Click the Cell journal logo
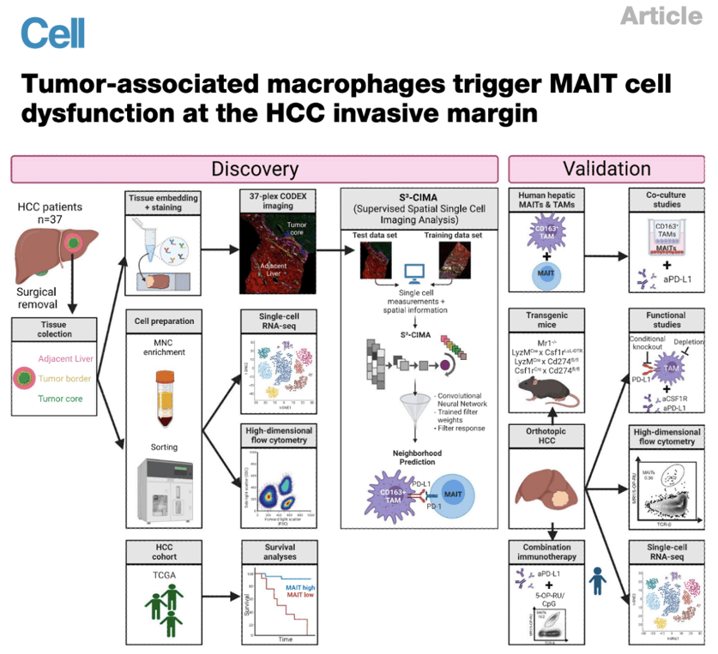pos(52,33)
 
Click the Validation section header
pos(606,169)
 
